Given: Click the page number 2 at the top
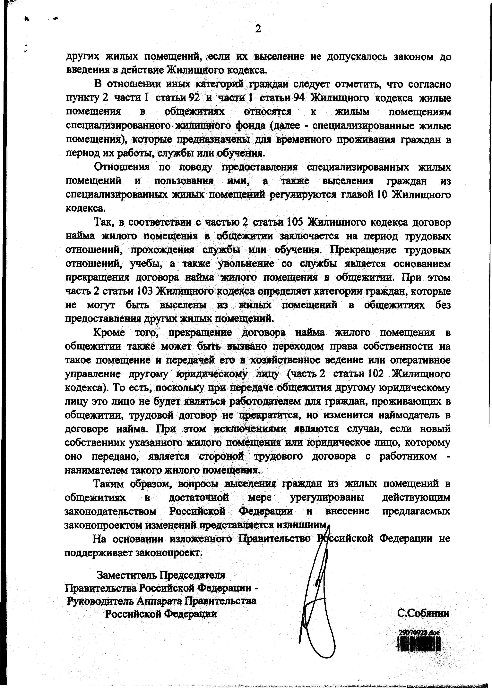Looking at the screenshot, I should click(258, 29).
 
